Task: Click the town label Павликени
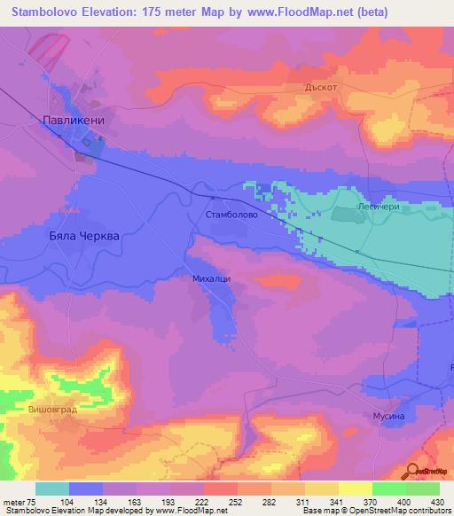click(x=74, y=118)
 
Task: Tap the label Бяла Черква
click(x=82, y=238)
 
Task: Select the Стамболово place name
click(x=231, y=215)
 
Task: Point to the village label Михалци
click(x=211, y=278)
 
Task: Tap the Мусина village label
click(x=387, y=416)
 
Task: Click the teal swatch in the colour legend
click(x=52, y=489)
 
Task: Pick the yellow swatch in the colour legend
click(x=356, y=489)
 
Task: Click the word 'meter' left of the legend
click(x=13, y=501)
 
